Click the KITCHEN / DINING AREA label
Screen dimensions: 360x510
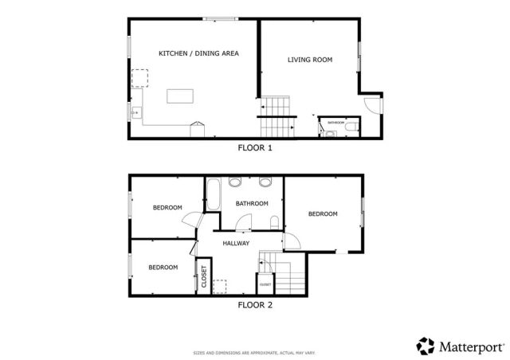198,53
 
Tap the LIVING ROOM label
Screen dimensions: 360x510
309,60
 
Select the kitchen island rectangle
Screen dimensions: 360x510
180,96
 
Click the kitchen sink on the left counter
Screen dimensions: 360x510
136,112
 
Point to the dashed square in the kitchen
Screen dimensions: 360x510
140,78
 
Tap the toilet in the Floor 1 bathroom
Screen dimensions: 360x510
351,125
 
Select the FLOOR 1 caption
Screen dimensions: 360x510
255,147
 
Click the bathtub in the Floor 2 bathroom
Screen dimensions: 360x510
214,194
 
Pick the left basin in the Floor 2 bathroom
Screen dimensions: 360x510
235,182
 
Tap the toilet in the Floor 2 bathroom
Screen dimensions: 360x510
274,222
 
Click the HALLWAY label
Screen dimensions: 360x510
236,244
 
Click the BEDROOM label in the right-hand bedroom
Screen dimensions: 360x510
323,213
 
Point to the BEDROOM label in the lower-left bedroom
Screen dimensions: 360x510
163,267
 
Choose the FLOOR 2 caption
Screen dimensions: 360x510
255,304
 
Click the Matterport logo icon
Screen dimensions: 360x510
426,346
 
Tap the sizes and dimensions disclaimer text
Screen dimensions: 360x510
255,352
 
